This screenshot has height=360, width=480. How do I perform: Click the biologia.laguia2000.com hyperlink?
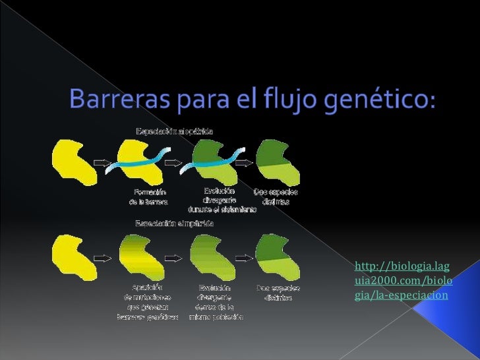402,280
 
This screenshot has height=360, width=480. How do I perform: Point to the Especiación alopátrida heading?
174,131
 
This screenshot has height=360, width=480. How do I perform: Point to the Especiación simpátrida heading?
174,223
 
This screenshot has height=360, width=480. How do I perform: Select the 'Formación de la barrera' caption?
148,196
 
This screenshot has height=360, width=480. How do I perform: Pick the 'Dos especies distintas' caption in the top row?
276,196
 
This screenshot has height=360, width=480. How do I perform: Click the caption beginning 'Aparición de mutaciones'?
147,302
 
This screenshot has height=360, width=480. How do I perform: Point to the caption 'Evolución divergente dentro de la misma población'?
216,302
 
